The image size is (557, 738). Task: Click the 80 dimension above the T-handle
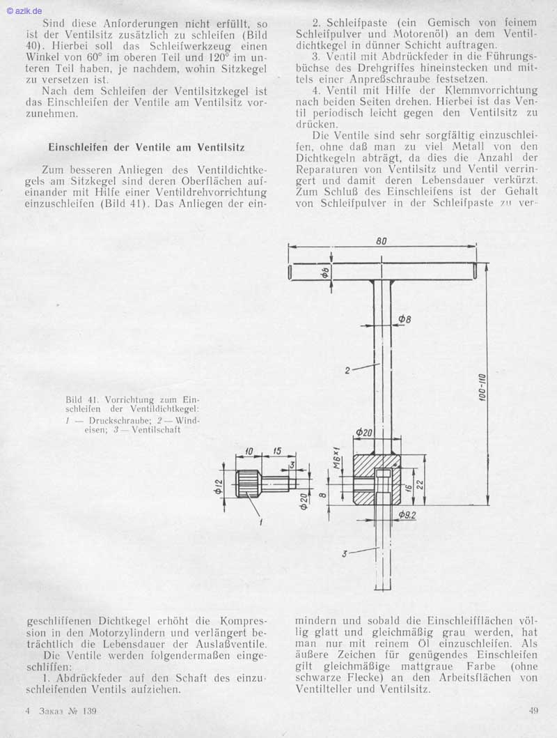[382, 240]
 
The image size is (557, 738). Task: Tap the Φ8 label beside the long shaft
[405, 319]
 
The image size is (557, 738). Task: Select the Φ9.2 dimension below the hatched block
[407, 516]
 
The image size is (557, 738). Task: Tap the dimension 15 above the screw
[276, 451]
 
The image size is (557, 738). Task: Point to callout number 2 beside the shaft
[347, 370]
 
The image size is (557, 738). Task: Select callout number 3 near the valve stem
[345, 554]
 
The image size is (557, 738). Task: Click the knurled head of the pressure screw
[248, 482]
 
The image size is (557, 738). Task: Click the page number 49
[534, 711]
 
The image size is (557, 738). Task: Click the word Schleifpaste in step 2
[344, 23]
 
